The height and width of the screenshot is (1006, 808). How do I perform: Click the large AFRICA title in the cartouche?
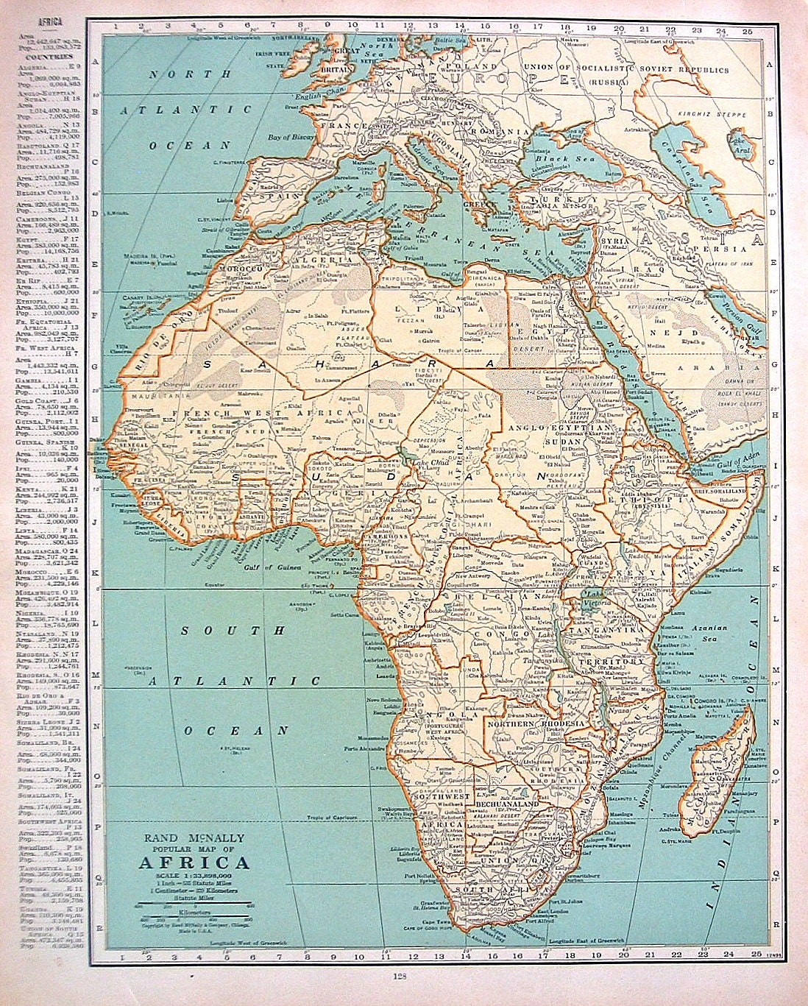(x=194, y=863)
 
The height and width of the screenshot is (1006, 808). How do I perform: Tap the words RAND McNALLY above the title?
(x=194, y=838)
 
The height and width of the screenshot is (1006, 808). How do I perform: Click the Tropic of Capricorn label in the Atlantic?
(x=333, y=818)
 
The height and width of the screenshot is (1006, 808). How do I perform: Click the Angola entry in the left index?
(x=49, y=126)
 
